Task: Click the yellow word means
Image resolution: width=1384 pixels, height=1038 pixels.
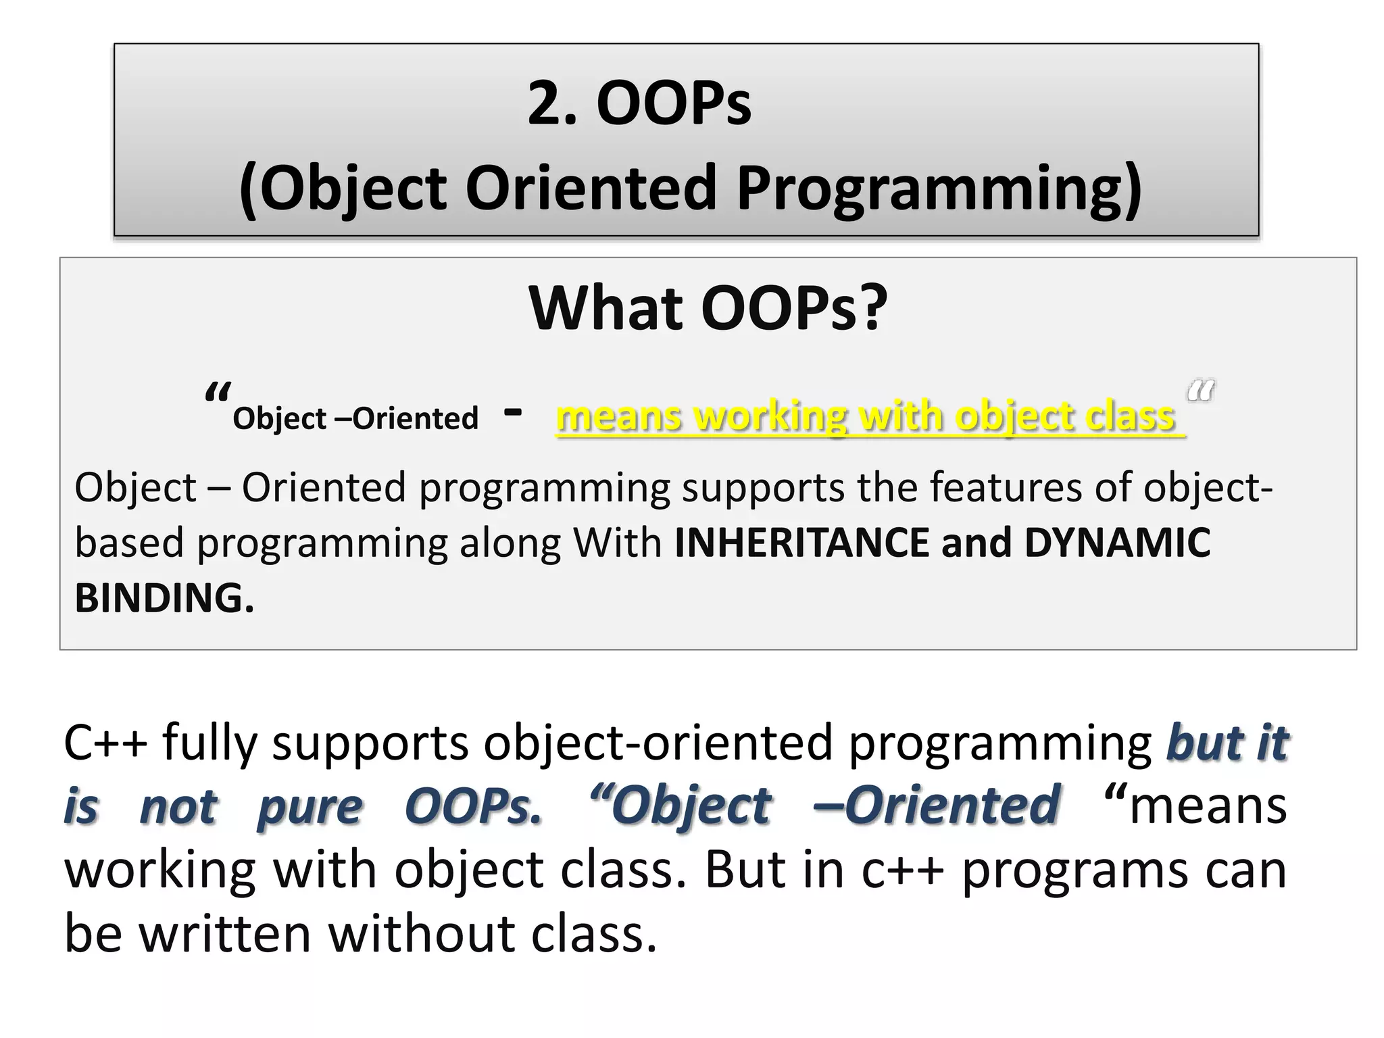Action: coord(618,416)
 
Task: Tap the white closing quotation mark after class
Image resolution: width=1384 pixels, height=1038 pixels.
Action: coord(1200,391)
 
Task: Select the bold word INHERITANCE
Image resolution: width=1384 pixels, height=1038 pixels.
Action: coord(801,543)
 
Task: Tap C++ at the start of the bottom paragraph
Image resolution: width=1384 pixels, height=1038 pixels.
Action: coord(105,743)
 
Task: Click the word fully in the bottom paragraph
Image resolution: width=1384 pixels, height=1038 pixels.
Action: coord(210,743)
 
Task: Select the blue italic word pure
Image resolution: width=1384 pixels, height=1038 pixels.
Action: coord(310,807)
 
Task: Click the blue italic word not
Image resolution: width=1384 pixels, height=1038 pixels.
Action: coord(178,807)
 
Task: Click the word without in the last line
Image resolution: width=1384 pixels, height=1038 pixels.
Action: coord(423,933)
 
